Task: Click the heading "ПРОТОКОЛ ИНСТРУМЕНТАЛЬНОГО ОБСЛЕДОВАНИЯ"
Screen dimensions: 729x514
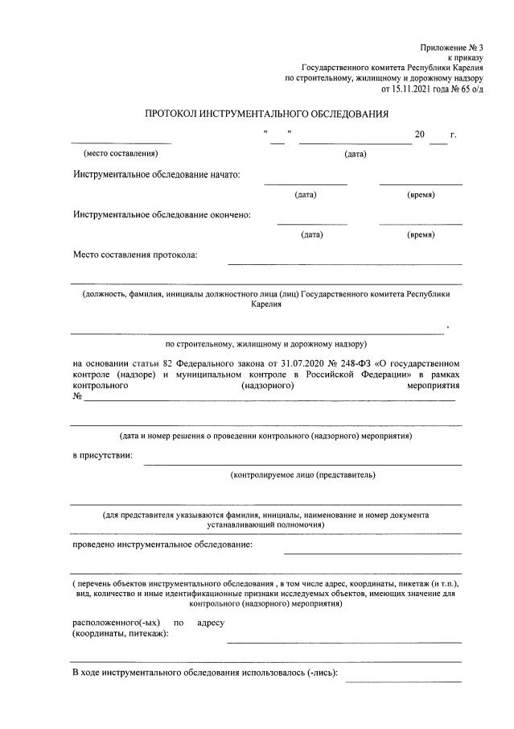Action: click(266, 114)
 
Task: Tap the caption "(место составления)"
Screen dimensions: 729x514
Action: click(121, 153)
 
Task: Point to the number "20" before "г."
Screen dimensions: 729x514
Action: click(419, 135)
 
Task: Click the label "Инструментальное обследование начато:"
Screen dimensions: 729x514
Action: click(156, 175)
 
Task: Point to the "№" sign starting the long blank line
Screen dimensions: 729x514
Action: click(78, 396)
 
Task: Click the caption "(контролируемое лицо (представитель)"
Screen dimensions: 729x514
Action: click(302, 474)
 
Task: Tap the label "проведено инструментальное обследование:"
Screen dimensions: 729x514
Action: click(162, 545)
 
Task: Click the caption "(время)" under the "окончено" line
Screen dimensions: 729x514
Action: click(421, 234)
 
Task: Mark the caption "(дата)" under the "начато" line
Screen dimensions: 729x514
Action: click(306, 194)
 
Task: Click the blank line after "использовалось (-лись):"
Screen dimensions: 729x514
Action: click(403, 681)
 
